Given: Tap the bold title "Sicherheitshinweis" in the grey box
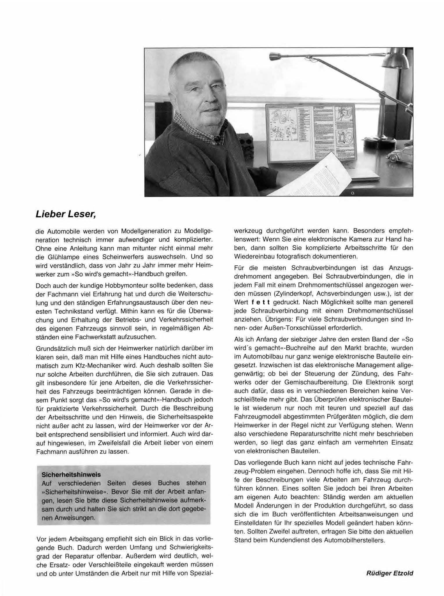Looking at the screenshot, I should (71, 474).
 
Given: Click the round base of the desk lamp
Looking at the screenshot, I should (378, 142).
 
